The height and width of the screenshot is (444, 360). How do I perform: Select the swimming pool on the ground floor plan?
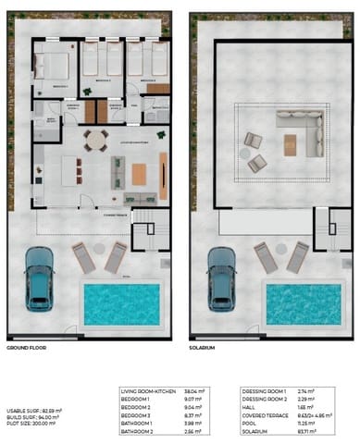click(x=121, y=302)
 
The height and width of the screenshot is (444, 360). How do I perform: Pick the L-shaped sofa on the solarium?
click(x=302, y=129)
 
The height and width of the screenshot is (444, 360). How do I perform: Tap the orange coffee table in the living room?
click(x=140, y=173)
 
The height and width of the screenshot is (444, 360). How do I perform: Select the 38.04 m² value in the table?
click(x=193, y=391)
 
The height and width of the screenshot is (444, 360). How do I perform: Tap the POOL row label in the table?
click(x=247, y=424)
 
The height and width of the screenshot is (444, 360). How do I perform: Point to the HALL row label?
click(x=247, y=407)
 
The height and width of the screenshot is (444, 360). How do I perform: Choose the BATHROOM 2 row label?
click(x=140, y=432)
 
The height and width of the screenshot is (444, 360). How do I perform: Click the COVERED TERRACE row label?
click(x=261, y=415)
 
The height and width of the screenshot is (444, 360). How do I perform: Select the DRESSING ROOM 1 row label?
click(x=261, y=391)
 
